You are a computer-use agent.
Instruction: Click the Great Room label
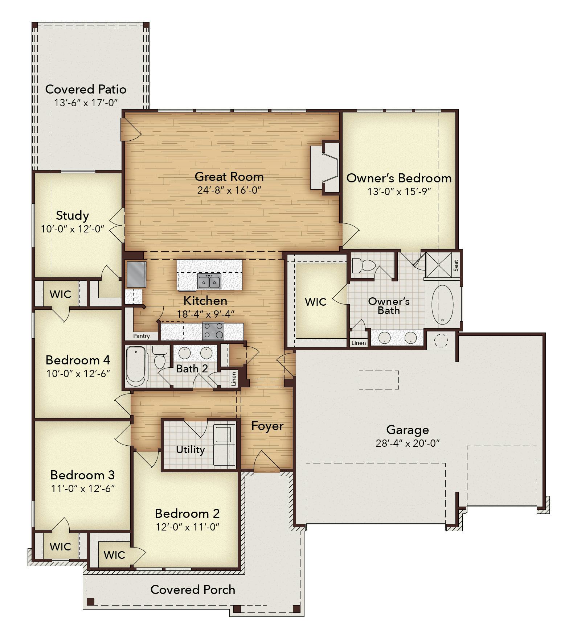tap(229, 177)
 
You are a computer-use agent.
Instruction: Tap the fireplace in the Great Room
tap(325, 168)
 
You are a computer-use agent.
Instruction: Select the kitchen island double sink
tap(209, 281)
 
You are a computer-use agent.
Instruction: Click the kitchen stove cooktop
tap(213, 330)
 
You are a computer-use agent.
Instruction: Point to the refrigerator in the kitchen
tap(136, 274)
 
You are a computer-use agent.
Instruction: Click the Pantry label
tap(142, 336)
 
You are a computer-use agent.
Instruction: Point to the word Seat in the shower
tap(456, 265)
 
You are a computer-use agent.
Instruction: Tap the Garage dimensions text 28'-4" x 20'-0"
tap(408, 443)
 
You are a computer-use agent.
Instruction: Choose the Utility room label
tap(190, 450)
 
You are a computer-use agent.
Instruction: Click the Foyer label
tap(267, 426)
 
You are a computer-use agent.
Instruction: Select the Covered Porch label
tap(193, 590)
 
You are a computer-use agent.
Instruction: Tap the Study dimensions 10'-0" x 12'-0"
tap(73, 229)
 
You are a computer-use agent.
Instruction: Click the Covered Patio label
tap(86, 89)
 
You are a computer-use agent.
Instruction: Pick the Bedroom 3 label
tap(82, 475)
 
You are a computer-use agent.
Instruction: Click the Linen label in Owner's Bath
tap(359, 343)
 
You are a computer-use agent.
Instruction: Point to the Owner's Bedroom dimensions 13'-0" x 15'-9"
tap(399, 191)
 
